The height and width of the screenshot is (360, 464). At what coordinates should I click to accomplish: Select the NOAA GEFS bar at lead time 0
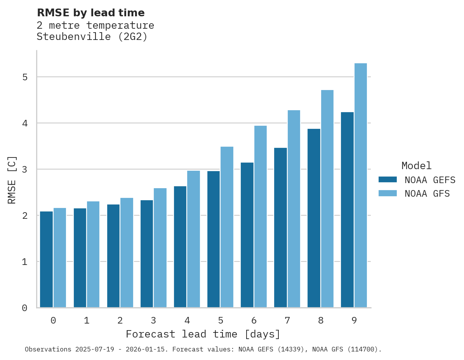coord(46,260)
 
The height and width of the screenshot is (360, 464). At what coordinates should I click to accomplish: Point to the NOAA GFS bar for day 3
coord(160,248)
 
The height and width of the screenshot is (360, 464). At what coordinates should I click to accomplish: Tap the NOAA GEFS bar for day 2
coord(113,256)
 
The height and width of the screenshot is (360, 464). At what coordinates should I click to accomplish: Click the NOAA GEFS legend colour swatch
coord(388,180)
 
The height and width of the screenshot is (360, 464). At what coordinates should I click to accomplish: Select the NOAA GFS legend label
coord(427,194)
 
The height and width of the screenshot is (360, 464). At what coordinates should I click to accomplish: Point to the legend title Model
coord(416,166)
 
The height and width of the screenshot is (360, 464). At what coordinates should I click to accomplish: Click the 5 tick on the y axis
coord(25,77)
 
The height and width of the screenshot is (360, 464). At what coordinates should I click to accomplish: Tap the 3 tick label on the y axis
coord(25,169)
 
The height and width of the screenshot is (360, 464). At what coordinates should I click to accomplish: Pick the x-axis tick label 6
coord(254,321)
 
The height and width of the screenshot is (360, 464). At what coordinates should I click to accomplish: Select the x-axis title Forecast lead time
coord(203,334)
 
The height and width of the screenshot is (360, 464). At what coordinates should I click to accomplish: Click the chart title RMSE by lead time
coord(91,13)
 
